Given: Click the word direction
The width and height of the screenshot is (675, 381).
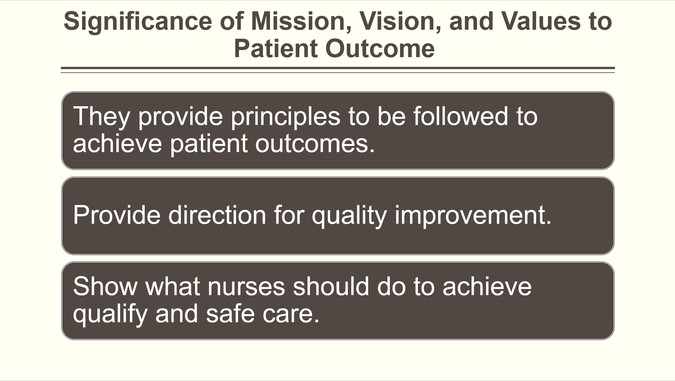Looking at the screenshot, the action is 217,215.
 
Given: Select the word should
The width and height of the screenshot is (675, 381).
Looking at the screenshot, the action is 331,286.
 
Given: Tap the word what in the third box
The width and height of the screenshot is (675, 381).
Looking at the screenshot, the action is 172,286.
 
